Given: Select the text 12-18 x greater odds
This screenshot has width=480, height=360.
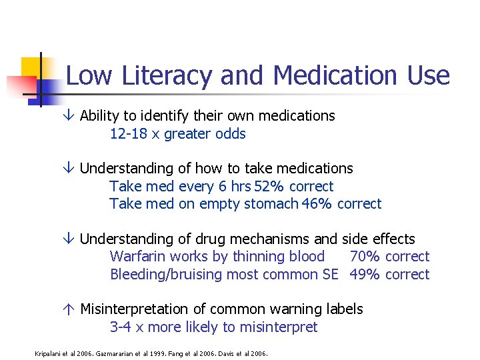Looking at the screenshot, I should tap(177, 133).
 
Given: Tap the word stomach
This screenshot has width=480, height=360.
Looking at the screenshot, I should tap(272, 203).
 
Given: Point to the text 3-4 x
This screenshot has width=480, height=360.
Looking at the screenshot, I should tap(129, 327).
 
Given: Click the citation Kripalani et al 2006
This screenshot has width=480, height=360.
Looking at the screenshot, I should tap(65, 353).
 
